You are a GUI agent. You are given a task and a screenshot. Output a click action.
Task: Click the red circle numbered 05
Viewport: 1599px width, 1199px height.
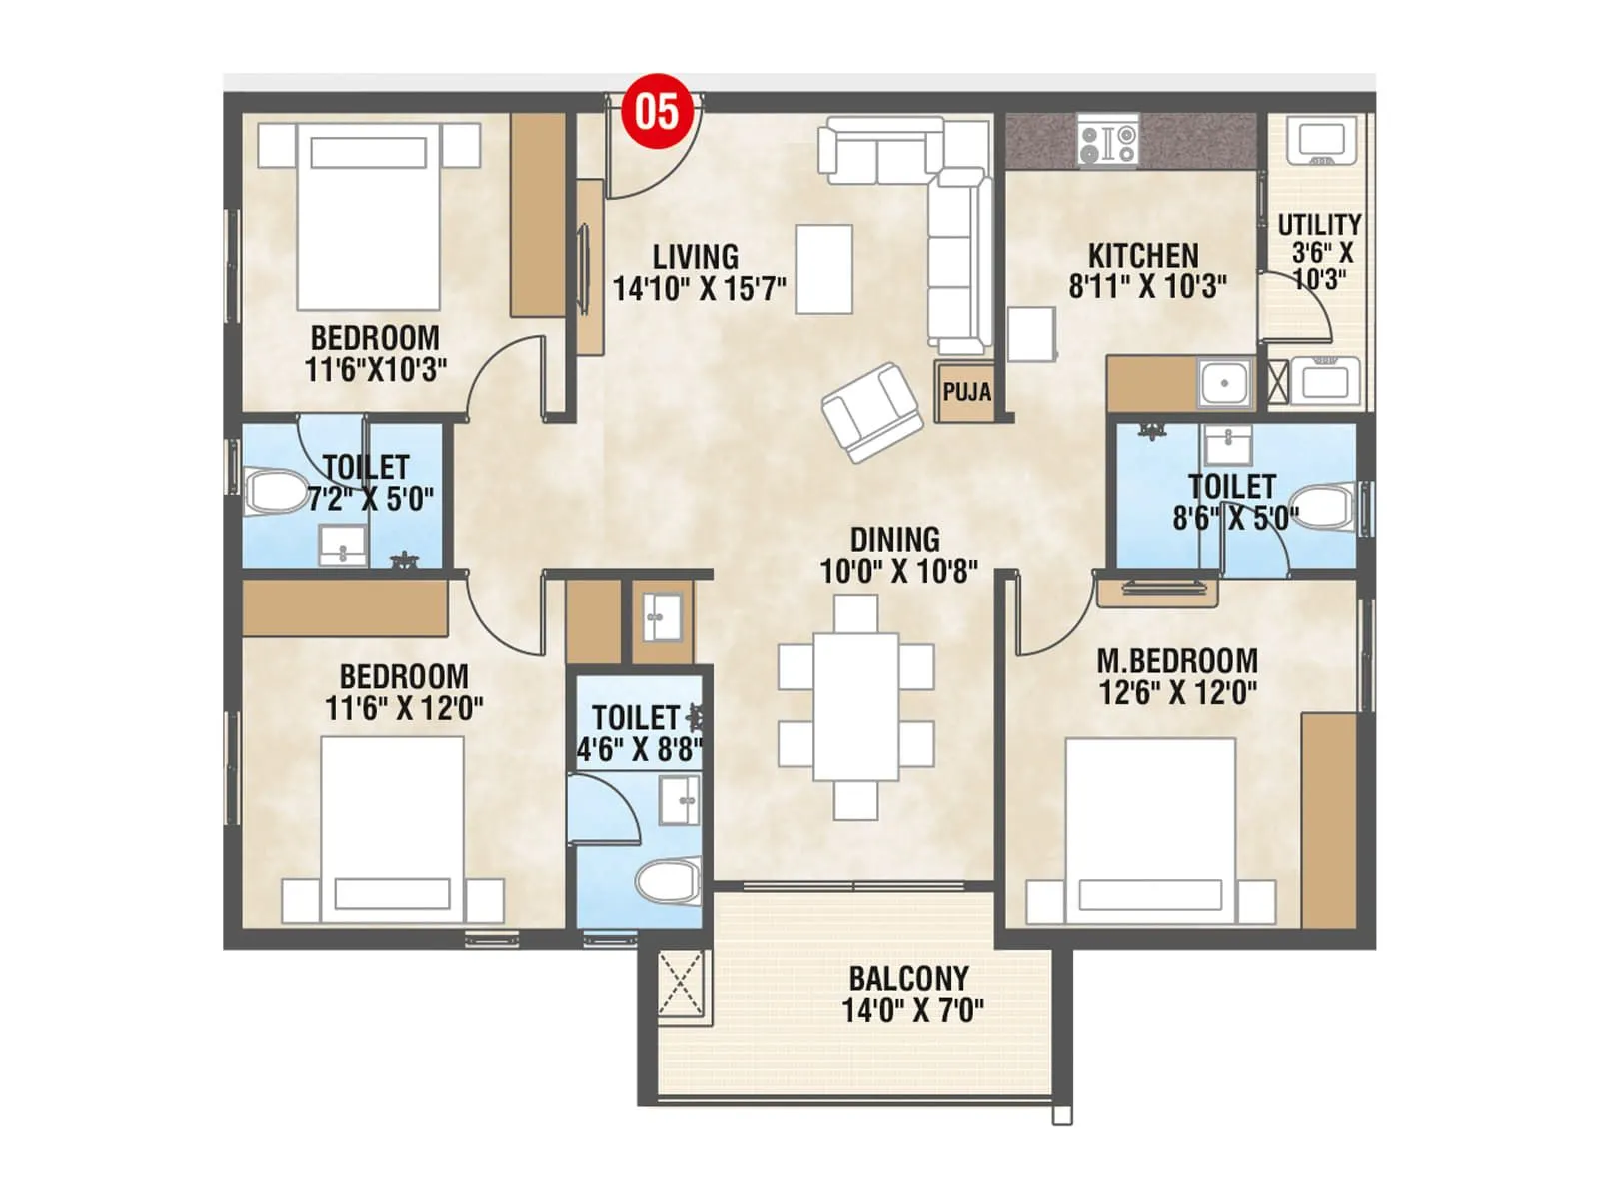(x=657, y=111)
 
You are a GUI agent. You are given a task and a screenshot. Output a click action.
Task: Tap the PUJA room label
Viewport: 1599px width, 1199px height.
(x=966, y=391)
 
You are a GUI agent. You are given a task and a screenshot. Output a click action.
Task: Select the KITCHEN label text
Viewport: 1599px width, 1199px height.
(x=1143, y=255)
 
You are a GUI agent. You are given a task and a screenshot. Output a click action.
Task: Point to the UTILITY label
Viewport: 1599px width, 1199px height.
(x=1319, y=224)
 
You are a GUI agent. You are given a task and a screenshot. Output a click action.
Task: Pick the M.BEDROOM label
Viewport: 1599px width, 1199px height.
(x=1177, y=661)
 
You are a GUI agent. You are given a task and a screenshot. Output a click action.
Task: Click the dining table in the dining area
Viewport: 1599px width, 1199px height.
(x=856, y=706)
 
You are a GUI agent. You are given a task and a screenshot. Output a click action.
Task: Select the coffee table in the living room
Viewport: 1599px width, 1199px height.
(x=823, y=269)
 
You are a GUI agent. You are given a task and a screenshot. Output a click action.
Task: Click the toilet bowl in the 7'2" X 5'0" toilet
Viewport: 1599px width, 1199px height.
(x=275, y=492)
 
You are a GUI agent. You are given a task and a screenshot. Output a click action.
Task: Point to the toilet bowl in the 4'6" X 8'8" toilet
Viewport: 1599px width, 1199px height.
(x=668, y=883)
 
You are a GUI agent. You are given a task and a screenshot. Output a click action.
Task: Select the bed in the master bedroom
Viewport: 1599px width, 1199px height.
(x=1150, y=829)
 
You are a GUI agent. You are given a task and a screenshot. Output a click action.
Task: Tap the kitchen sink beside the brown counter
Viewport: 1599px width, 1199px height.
(x=1224, y=383)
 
